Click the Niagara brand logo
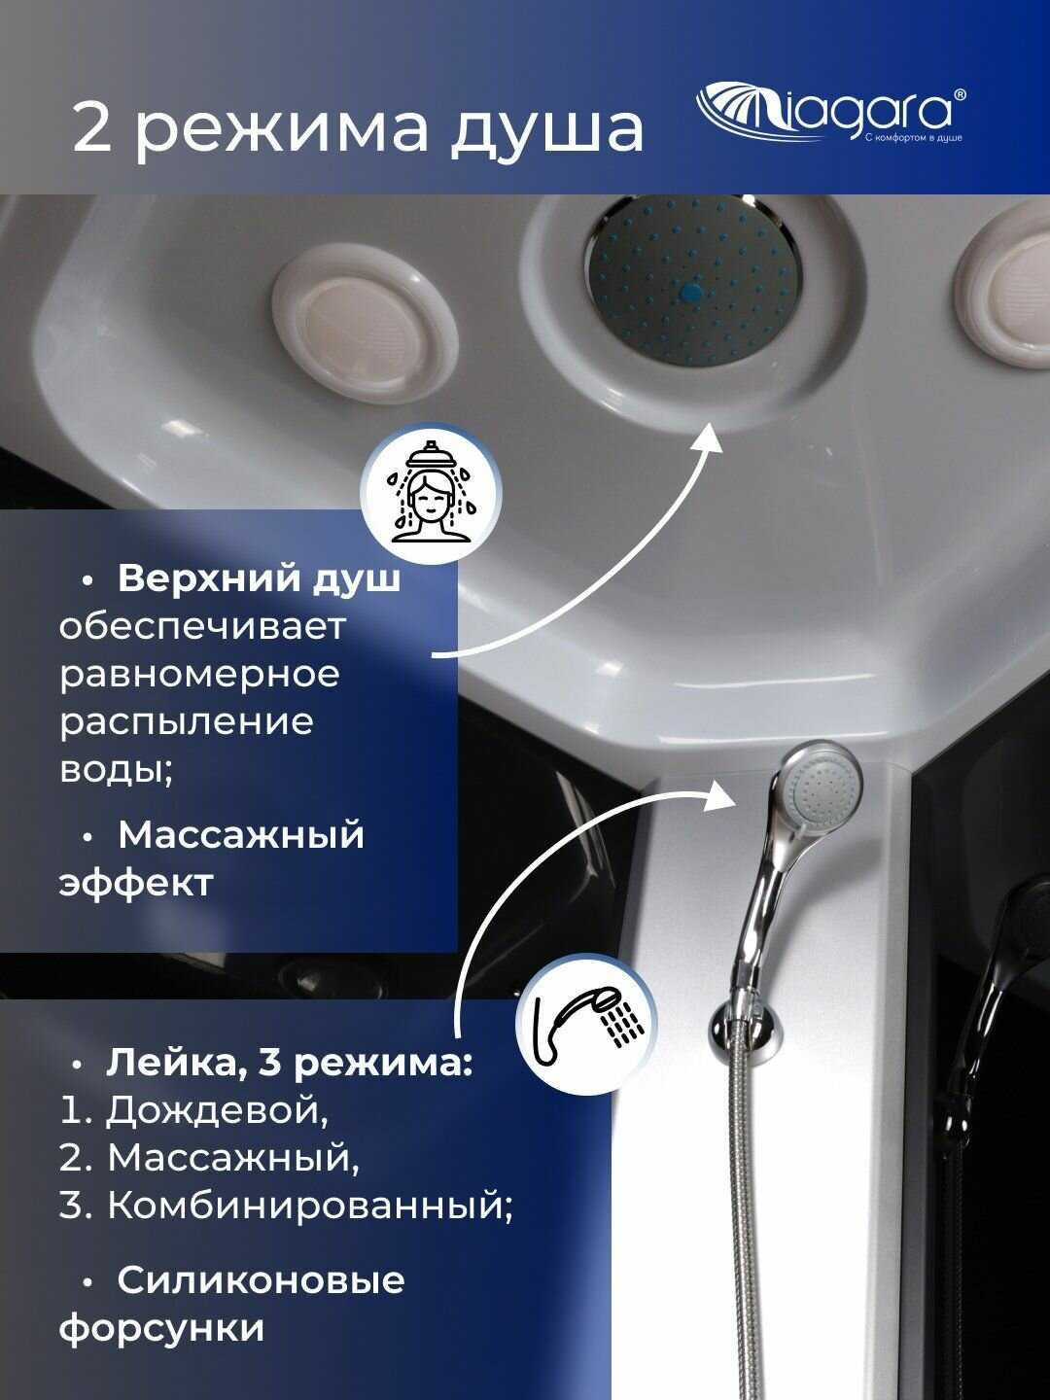click(830, 114)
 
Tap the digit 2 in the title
click(93, 129)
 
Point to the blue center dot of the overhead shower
click(691, 293)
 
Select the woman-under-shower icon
click(431, 493)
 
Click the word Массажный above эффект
click(241, 834)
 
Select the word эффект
click(136, 884)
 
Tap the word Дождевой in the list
click(217, 1110)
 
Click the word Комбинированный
click(310, 1205)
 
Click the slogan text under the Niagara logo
click(913, 138)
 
